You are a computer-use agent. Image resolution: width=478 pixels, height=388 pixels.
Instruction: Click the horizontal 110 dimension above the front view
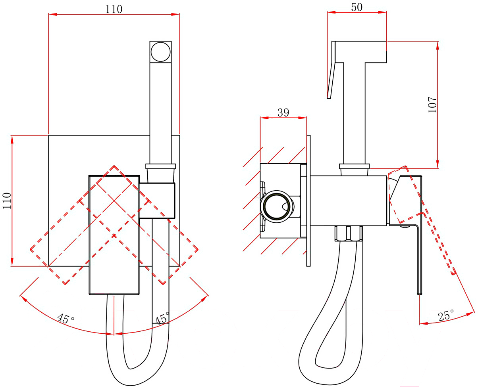click(114, 9)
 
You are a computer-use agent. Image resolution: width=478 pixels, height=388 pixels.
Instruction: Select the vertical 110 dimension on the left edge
click(7, 201)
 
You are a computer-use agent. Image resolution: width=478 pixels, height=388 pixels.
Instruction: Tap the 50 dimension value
click(357, 7)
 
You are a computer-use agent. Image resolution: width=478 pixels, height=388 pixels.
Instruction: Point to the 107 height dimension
click(432, 105)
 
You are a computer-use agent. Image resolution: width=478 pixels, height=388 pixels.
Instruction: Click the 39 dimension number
click(283, 113)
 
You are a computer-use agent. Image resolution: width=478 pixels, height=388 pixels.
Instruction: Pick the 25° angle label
click(446, 315)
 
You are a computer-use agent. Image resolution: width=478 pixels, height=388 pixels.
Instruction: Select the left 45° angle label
click(66, 318)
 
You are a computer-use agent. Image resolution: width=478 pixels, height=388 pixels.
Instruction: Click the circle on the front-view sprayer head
click(160, 52)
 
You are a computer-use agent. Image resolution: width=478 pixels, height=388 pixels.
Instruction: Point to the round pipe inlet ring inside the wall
click(276, 206)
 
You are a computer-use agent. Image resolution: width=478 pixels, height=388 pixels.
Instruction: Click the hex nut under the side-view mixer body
click(349, 234)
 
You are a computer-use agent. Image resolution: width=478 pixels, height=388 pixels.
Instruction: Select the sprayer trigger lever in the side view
click(331, 70)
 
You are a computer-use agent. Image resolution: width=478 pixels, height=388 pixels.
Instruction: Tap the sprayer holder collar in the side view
click(354, 166)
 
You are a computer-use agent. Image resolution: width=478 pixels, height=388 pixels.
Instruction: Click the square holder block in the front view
click(157, 201)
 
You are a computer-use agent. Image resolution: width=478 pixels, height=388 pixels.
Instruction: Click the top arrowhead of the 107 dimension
click(438, 46)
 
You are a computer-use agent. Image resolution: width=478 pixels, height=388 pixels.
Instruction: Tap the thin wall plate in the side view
click(308, 201)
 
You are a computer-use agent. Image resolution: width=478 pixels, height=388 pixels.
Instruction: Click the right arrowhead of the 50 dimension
click(382, 12)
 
